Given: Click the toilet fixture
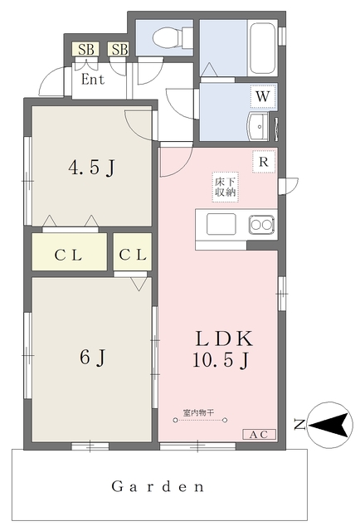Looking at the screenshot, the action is click(x=173, y=37).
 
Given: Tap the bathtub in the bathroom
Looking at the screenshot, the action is click(x=262, y=48).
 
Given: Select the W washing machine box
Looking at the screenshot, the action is click(x=263, y=96).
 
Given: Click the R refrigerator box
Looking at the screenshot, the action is click(x=264, y=162).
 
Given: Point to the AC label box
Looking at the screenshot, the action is click(x=259, y=435).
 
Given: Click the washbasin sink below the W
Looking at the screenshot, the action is click(x=259, y=126).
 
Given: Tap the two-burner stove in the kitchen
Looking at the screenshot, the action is click(x=261, y=225).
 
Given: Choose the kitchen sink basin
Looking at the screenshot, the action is click(x=221, y=224).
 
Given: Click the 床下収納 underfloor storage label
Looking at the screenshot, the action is click(x=226, y=188).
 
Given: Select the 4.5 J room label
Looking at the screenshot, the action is click(x=92, y=168).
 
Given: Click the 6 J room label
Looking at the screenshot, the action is click(x=93, y=358).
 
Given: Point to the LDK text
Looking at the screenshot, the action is click(x=224, y=339).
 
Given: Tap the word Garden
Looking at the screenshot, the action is click(x=158, y=487).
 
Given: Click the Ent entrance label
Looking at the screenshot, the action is click(x=93, y=80).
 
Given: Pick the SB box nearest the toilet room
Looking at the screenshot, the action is click(x=119, y=50).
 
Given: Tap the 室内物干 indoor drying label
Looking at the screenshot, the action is click(x=198, y=413).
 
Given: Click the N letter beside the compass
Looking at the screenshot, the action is click(x=299, y=425).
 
